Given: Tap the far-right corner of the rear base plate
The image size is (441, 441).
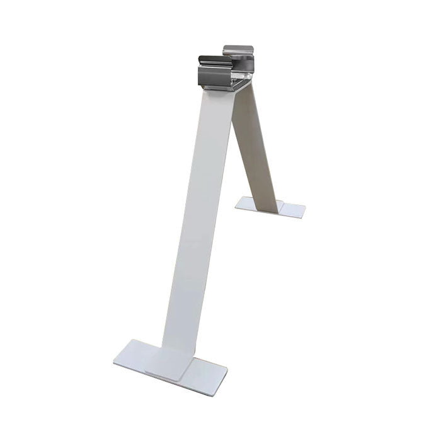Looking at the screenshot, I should (x=305, y=207).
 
